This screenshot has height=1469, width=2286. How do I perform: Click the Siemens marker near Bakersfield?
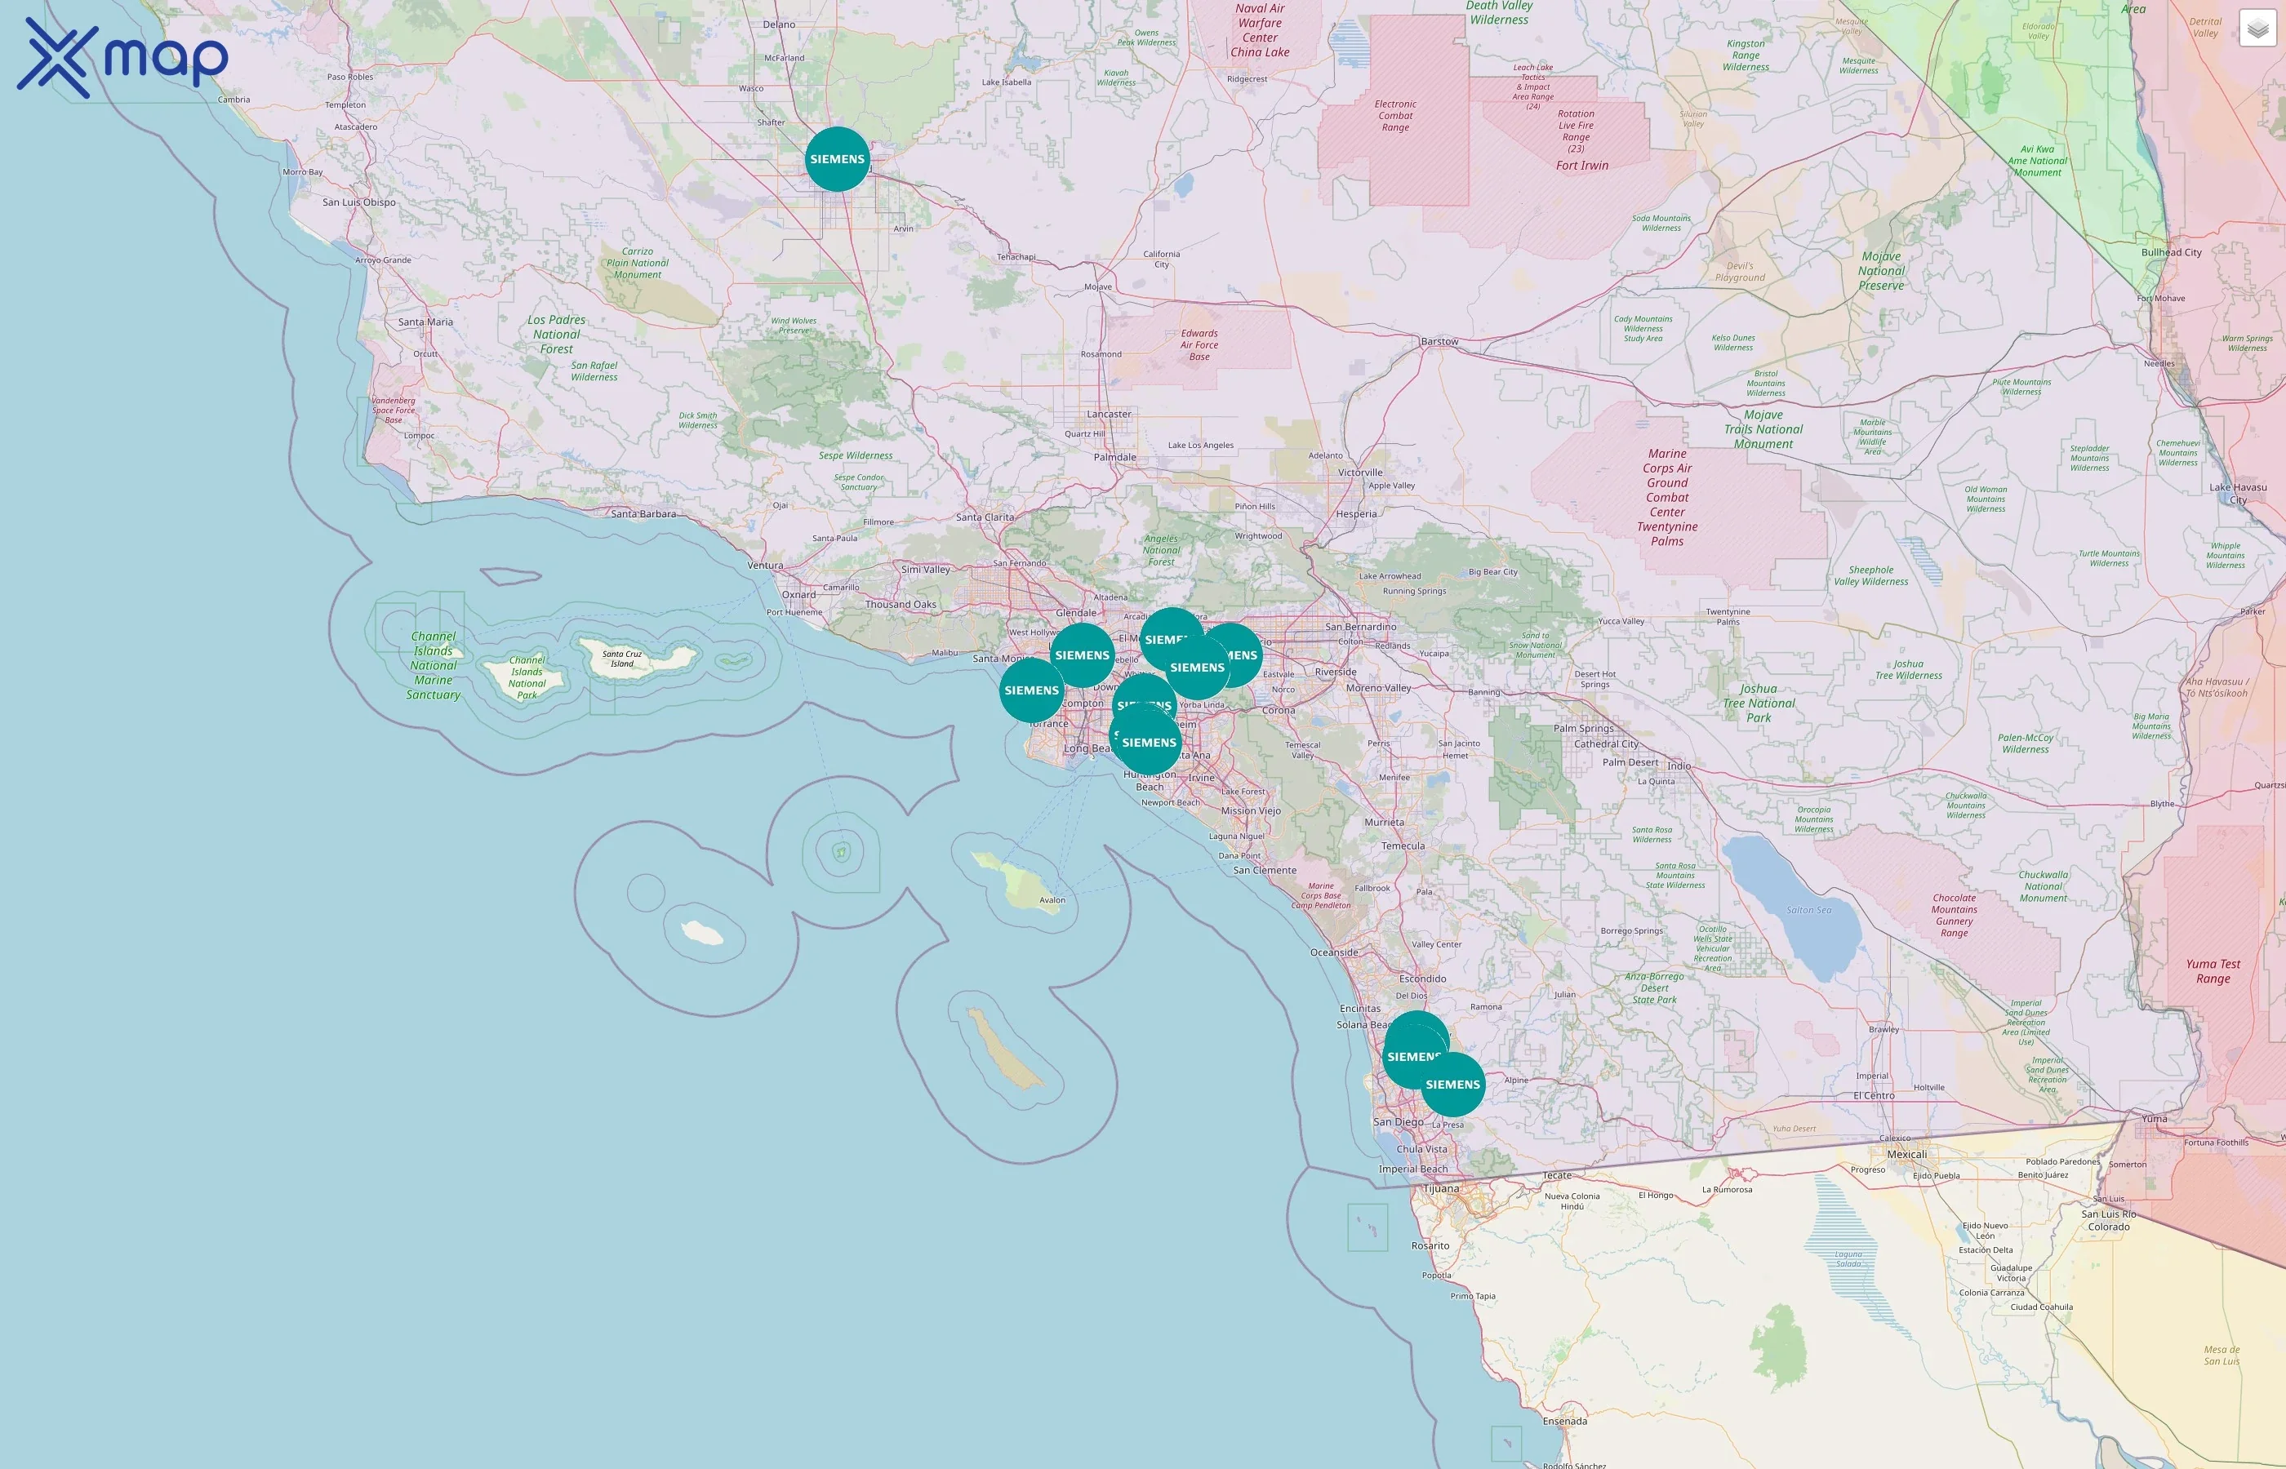(837, 159)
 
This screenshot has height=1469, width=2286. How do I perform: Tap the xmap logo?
(123, 58)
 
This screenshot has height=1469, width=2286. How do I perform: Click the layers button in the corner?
(2257, 29)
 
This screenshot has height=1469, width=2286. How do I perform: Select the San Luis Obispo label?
(358, 202)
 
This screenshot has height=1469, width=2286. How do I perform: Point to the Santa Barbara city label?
(643, 514)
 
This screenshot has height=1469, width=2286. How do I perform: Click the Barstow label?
(1439, 341)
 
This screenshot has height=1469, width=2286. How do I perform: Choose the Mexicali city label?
(1906, 1154)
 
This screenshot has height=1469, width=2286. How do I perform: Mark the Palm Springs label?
(1583, 729)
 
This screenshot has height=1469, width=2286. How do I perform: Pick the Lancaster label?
(1109, 414)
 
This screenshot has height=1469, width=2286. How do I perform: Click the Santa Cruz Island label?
(622, 658)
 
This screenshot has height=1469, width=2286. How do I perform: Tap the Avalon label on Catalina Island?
(1052, 899)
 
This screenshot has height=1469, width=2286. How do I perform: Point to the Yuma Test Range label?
(2213, 971)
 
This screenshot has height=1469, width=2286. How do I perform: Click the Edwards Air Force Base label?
(1199, 345)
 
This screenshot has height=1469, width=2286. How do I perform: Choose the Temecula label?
(1403, 846)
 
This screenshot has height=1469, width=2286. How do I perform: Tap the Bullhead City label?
(2171, 253)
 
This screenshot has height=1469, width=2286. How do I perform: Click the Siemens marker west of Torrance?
(1031, 690)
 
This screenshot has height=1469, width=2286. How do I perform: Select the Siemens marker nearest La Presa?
(1452, 1085)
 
